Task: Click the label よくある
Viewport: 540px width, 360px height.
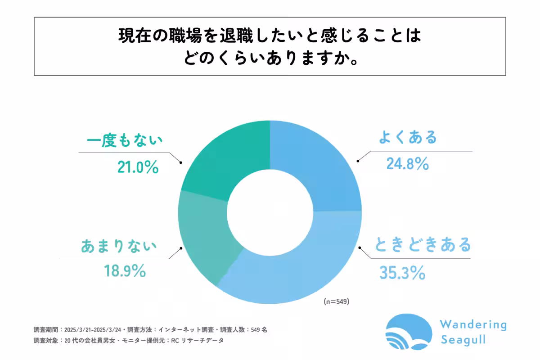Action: [x=407, y=137]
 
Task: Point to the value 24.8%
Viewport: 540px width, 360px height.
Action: [x=407, y=164]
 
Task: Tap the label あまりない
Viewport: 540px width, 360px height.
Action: [x=119, y=246]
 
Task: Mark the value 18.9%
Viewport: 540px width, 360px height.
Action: [x=125, y=271]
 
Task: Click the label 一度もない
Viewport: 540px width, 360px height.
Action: [x=124, y=141]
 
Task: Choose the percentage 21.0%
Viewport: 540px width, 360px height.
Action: [x=137, y=167]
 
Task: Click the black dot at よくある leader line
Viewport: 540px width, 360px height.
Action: [x=359, y=161]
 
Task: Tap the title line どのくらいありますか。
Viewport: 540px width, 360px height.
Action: [x=270, y=58]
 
